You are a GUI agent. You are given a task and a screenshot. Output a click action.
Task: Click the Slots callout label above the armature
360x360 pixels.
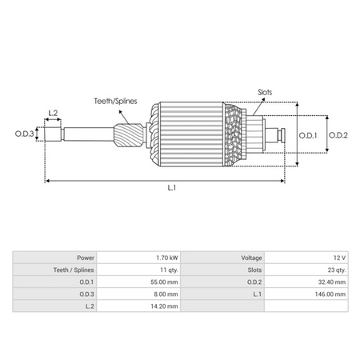coord(264,92)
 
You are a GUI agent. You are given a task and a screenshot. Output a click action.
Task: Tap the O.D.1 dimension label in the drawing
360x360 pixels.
coord(308,135)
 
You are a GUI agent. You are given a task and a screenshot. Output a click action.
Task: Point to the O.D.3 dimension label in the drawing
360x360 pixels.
coord(24,134)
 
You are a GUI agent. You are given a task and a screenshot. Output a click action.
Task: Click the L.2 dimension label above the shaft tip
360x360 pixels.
coord(54,113)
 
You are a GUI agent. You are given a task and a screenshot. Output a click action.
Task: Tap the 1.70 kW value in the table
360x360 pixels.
coord(166,258)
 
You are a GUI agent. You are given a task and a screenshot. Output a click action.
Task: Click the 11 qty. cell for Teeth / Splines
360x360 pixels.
coord(167,270)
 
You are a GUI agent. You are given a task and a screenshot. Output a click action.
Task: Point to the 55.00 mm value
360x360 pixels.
coord(163,282)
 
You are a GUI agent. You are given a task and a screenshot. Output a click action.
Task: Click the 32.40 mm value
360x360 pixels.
coord(333,282)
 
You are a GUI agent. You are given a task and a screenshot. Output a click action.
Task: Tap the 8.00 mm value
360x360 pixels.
coord(165,294)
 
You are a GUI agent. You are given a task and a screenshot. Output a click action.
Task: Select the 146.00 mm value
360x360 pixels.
coord(331,294)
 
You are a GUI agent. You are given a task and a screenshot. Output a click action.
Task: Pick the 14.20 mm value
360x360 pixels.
coord(163,306)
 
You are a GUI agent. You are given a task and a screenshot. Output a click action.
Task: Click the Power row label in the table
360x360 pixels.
coord(86,258)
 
